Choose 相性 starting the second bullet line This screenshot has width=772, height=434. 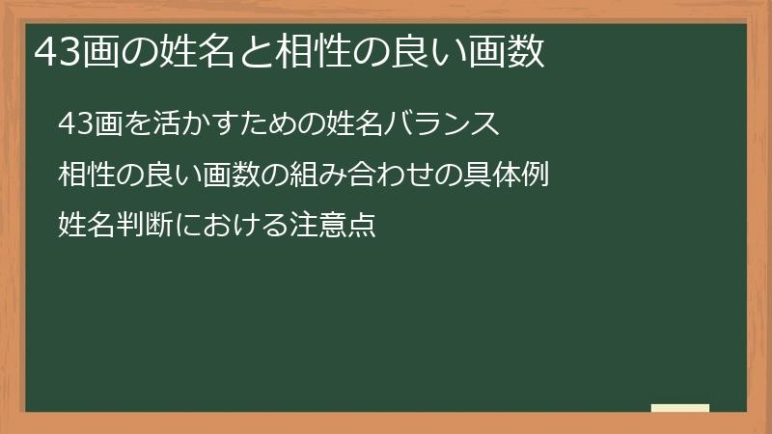coord(83,176)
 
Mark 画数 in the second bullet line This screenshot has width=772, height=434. coord(231,176)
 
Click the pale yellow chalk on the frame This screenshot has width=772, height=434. coord(680,408)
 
